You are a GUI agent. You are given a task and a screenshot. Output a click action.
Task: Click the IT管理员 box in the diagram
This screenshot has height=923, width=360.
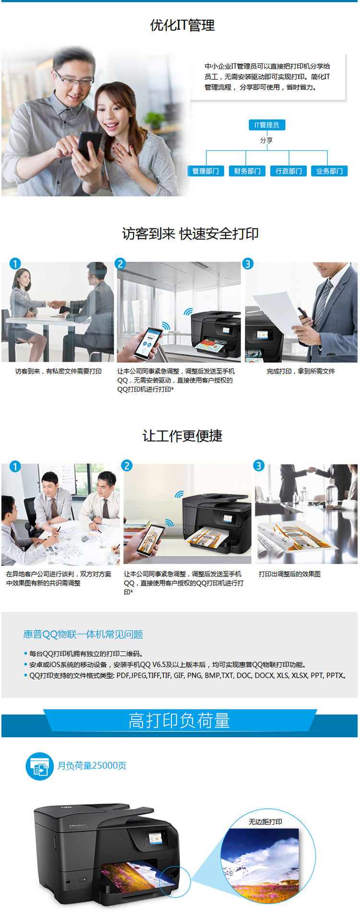coord(266,125)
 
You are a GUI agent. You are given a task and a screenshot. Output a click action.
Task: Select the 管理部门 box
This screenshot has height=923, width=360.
coord(205,171)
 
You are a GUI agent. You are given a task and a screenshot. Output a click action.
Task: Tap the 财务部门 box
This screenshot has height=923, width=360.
coord(247,171)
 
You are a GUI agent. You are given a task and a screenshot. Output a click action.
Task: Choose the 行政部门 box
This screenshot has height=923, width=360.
coord(288,171)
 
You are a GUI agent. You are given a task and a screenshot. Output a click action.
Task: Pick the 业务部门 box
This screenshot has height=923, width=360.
coord(329,171)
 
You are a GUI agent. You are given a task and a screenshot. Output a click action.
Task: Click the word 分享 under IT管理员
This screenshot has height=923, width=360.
coord(266,140)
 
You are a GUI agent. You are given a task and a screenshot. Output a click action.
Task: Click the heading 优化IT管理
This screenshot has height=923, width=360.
coord(182,25)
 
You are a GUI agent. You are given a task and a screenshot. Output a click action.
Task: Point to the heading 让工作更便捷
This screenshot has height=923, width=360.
coord(182,436)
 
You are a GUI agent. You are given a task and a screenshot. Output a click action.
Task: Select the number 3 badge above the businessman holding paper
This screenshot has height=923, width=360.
coord(248,264)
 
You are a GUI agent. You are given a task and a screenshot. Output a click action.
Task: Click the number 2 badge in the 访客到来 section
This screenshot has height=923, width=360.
coord(120,264)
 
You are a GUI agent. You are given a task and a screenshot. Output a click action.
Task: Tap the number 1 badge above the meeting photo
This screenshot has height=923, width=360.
coord(15,466)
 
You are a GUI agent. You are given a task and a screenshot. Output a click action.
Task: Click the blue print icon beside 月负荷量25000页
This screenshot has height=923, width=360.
coord(39,766)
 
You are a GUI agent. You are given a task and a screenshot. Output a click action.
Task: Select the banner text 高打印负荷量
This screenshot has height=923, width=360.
coord(180,721)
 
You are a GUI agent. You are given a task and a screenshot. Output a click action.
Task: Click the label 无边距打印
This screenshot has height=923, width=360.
coord(265,822)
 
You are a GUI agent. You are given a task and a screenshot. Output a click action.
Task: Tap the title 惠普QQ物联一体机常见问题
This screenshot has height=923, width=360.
coord(83,634)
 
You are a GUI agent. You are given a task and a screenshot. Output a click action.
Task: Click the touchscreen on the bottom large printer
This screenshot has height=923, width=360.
coord(156,838)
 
